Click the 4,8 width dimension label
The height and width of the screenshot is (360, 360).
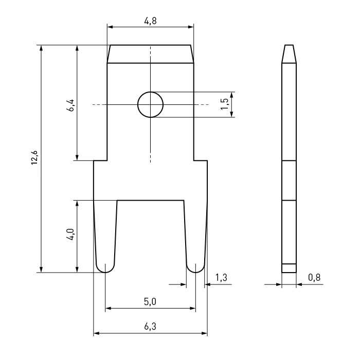tap(150, 21)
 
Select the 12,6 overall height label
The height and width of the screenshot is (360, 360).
tap(34, 157)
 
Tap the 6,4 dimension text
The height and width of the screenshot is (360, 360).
tap(70, 105)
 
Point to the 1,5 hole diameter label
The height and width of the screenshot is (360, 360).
tap(224, 104)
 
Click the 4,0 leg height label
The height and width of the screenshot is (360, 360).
tap(70, 234)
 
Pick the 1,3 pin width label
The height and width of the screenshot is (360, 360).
tap(221, 277)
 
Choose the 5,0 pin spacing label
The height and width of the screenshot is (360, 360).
tap(150, 301)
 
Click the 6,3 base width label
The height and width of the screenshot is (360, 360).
tap(150, 326)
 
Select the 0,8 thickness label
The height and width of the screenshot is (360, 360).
tap(314, 277)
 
